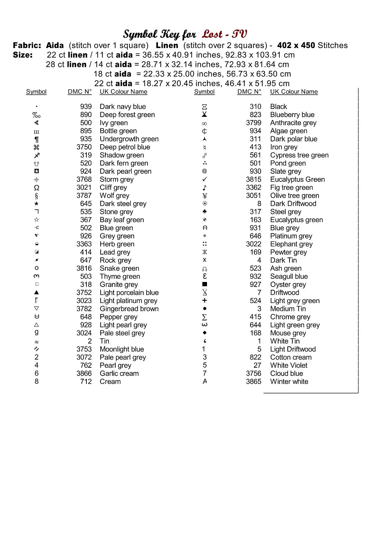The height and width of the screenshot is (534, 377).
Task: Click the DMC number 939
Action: pyautogui.click(x=86, y=106)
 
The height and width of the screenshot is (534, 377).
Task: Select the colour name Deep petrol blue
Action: pyautogui.click(x=125, y=147)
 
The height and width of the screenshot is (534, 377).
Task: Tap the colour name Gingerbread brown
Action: pyautogui.click(x=129, y=309)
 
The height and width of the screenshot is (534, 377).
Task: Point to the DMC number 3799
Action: pyautogui.click(x=253, y=123)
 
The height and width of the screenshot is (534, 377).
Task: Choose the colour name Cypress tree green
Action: pyautogui.click(x=299, y=155)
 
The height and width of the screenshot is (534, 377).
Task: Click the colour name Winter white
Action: pyautogui.click(x=289, y=382)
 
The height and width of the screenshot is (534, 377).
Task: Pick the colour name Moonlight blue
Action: pyautogui.click(x=122, y=349)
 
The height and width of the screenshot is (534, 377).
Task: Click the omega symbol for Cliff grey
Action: pyautogui.click(x=37, y=188)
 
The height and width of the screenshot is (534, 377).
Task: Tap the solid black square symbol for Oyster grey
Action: pyautogui.click(x=205, y=284)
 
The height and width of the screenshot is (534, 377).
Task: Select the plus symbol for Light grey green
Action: pyautogui.click(x=205, y=301)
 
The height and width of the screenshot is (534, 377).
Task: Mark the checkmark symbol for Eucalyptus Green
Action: pyautogui.click(x=205, y=179)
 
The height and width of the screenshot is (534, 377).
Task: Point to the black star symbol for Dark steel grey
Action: pyautogui.click(x=37, y=204)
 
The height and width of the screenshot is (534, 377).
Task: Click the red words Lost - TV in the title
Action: pyautogui.click(x=224, y=34)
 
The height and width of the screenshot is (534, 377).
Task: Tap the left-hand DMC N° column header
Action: pyautogui.click(x=80, y=92)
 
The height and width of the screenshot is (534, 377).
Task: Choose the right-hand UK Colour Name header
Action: pyautogui.click(x=294, y=92)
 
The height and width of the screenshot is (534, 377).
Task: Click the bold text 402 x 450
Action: pyautogui.click(x=296, y=46)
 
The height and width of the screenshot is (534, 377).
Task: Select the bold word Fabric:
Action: pyautogui.click(x=27, y=46)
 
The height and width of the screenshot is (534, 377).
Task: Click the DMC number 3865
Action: pyautogui.click(x=253, y=382)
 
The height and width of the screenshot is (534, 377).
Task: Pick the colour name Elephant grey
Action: pyautogui.click(x=291, y=244)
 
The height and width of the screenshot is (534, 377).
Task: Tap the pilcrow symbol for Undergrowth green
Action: pyautogui.click(x=37, y=139)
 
